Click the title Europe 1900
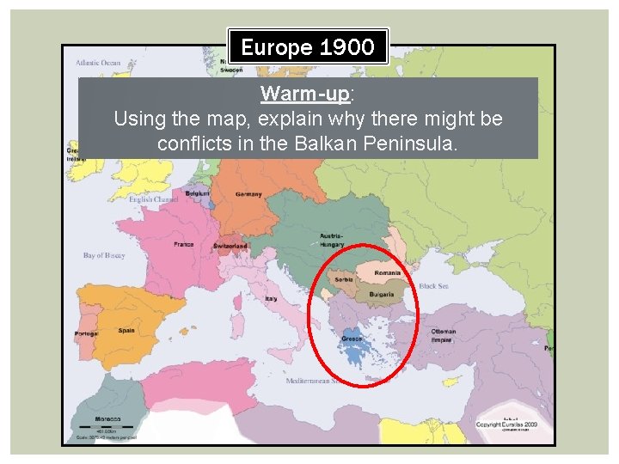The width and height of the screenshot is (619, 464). coord(308,46)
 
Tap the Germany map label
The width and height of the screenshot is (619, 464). coord(249,194)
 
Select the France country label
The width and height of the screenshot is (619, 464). coord(184,244)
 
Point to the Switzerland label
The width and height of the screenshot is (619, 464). coord(230,246)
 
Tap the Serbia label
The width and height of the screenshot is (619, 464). coord(344,280)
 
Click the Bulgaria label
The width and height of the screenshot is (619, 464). coord(382,294)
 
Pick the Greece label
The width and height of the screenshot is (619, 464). coord(352,339)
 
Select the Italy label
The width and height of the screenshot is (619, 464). coord(271,299)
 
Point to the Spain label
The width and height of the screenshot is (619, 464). coord(126,330)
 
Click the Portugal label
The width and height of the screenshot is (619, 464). coord(86,333)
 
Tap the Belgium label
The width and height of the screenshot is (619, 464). coord(199,193)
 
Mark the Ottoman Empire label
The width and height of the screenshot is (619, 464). coord(444,335)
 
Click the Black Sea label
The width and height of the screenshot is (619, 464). coord(432,286)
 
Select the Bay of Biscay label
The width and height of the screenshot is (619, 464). coord(104,255)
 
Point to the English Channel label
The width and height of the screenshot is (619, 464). coord(153,199)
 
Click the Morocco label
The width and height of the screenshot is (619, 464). coord(107,419)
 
